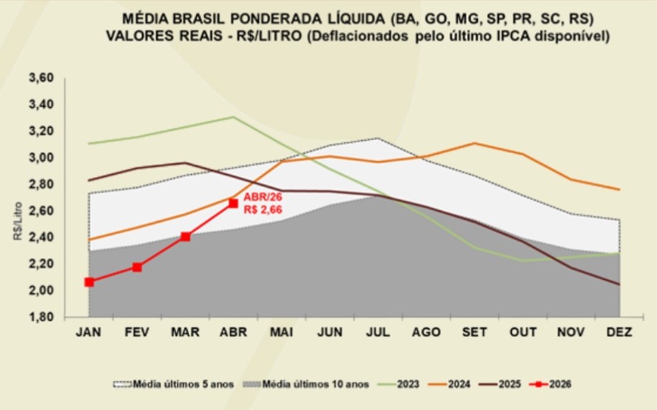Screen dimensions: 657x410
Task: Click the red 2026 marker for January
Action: [x=88, y=282]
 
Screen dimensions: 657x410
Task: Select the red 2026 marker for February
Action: [x=137, y=267]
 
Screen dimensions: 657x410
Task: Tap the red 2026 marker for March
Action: [x=185, y=237]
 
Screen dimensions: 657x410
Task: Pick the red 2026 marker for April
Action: [x=234, y=203]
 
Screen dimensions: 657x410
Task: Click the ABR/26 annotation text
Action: [x=263, y=197]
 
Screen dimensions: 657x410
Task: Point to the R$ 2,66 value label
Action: [x=263, y=210]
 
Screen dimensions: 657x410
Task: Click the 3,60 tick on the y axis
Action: [x=41, y=78]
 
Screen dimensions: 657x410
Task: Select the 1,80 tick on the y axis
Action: [x=41, y=317]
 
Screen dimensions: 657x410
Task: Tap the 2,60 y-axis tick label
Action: [x=41, y=211]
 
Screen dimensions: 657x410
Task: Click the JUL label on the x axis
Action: [x=378, y=332]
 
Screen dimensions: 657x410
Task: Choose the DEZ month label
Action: [x=619, y=332]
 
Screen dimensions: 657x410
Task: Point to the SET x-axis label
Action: [x=474, y=332]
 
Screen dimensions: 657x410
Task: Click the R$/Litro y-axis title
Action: [x=17, y=222]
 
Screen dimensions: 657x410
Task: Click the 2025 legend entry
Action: [x=500, y=384]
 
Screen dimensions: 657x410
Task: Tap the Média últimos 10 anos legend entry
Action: [x=306, y=384]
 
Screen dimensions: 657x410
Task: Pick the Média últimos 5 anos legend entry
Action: [x=173, y=384]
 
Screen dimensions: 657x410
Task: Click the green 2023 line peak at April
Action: [x=234, y=117]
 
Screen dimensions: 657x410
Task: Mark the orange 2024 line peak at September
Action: [x=474, y=144]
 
